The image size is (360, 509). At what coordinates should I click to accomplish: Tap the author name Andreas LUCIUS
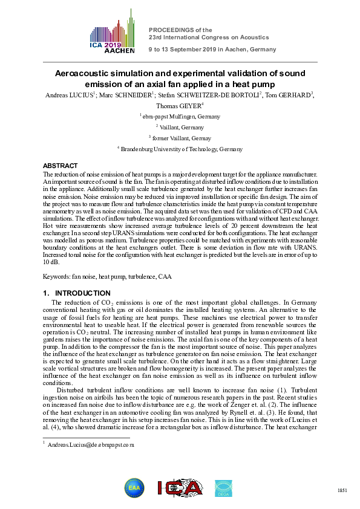pyautogui.click(x=67, y=95)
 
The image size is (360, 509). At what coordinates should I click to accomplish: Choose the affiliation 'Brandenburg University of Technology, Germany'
pyautogui.click(x=180, y=148)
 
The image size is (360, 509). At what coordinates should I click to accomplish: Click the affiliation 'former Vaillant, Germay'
pyautogui.click(x=180, y=138)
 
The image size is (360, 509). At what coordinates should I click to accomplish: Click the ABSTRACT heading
pyautogui.click(x=60, y=166)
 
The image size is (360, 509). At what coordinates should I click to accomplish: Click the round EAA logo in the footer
pyautogui.click(x=134, y=487)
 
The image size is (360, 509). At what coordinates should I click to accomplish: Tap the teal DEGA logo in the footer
pyautogui.click(x=223, y=487)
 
